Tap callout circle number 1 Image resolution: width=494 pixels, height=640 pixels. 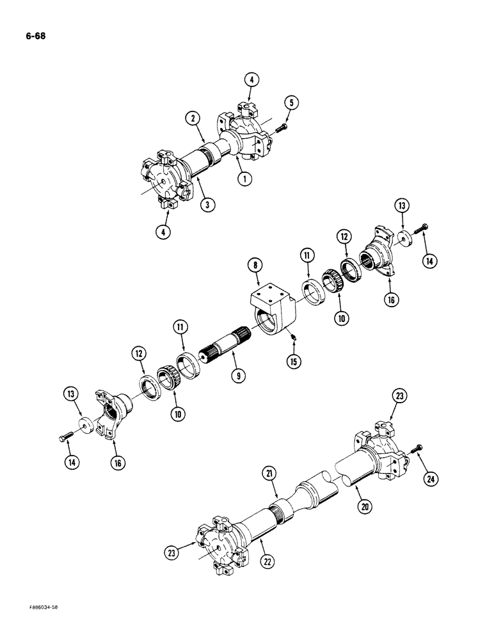(243, 179)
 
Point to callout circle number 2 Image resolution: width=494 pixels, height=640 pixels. (192, 117)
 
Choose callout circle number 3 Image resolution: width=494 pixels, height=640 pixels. (207, 205)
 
